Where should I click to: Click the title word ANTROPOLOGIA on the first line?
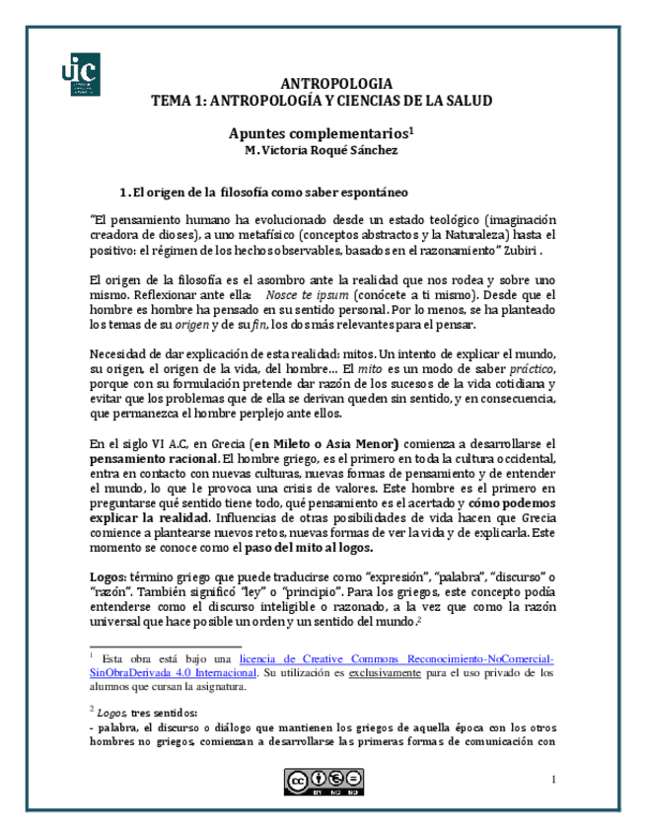tap(330, 84)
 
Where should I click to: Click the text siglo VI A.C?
tap(142, 444)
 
